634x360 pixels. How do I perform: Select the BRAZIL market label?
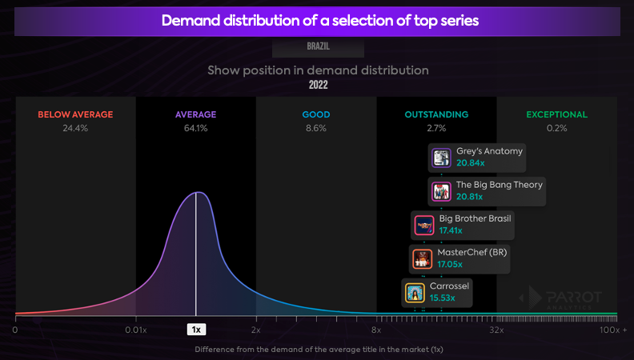pyautogui.click(x=318, y=46)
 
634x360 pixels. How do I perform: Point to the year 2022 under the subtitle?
pyautogui.click(x=318, y=84)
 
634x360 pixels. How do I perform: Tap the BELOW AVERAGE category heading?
pyautogui.click(x=75, y=114)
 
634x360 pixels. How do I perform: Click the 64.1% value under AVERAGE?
pyautogui.click(x=196, y=128)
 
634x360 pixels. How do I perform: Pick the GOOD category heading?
pyautogui.click(x=316, y=114)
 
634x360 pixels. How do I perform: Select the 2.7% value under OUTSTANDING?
pyautogui.click(x=436, y=128)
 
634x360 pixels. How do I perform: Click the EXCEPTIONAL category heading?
pyautogui.click(x=556, y=114)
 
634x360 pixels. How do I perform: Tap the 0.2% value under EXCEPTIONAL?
pyautogui.click(x=556, y=128)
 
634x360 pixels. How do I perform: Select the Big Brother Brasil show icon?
pyautogui.click(x=424, y=226)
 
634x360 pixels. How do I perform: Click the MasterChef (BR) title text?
pyautogui.click(x=472, y=252)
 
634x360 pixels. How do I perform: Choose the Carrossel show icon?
pyautogui.click(x=415, y=293)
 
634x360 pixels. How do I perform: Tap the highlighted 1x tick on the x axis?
pyautogui.click(x=196, y=329)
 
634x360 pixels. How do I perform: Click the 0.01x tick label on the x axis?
pyautogui.click(x=136, y=329)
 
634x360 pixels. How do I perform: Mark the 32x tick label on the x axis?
pyautogui.click(x=496, y=329)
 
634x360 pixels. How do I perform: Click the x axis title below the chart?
pyautogui.click(x=318, y=349)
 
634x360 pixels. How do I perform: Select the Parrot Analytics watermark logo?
pyautogui.click(x=556, y=298)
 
